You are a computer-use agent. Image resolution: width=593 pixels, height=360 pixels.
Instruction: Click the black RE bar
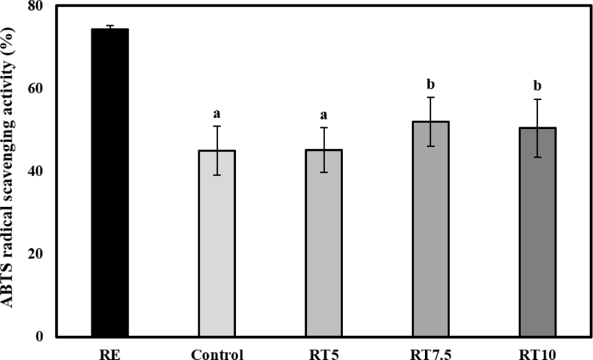[x=110, y=182]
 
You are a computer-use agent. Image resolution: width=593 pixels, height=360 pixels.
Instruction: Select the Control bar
[x=217, y=243]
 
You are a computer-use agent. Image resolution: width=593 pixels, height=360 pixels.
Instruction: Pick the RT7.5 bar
[x=431, y=228]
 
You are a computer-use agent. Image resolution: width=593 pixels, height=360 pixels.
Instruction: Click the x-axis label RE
[x=110, y=354]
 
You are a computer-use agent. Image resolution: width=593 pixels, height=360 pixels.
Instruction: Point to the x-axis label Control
[x=217, y=354]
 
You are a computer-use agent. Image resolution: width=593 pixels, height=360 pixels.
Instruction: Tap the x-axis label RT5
[x=324, y=354]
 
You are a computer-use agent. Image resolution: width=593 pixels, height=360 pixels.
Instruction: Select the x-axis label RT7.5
[x=431, y=354]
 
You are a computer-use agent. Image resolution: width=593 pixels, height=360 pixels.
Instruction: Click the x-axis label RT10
[x=537, y=354]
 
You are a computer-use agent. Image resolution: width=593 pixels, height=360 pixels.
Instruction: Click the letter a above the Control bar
[x=217, y=114]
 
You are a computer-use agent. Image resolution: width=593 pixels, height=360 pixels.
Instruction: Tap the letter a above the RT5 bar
[x=324, y=115]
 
